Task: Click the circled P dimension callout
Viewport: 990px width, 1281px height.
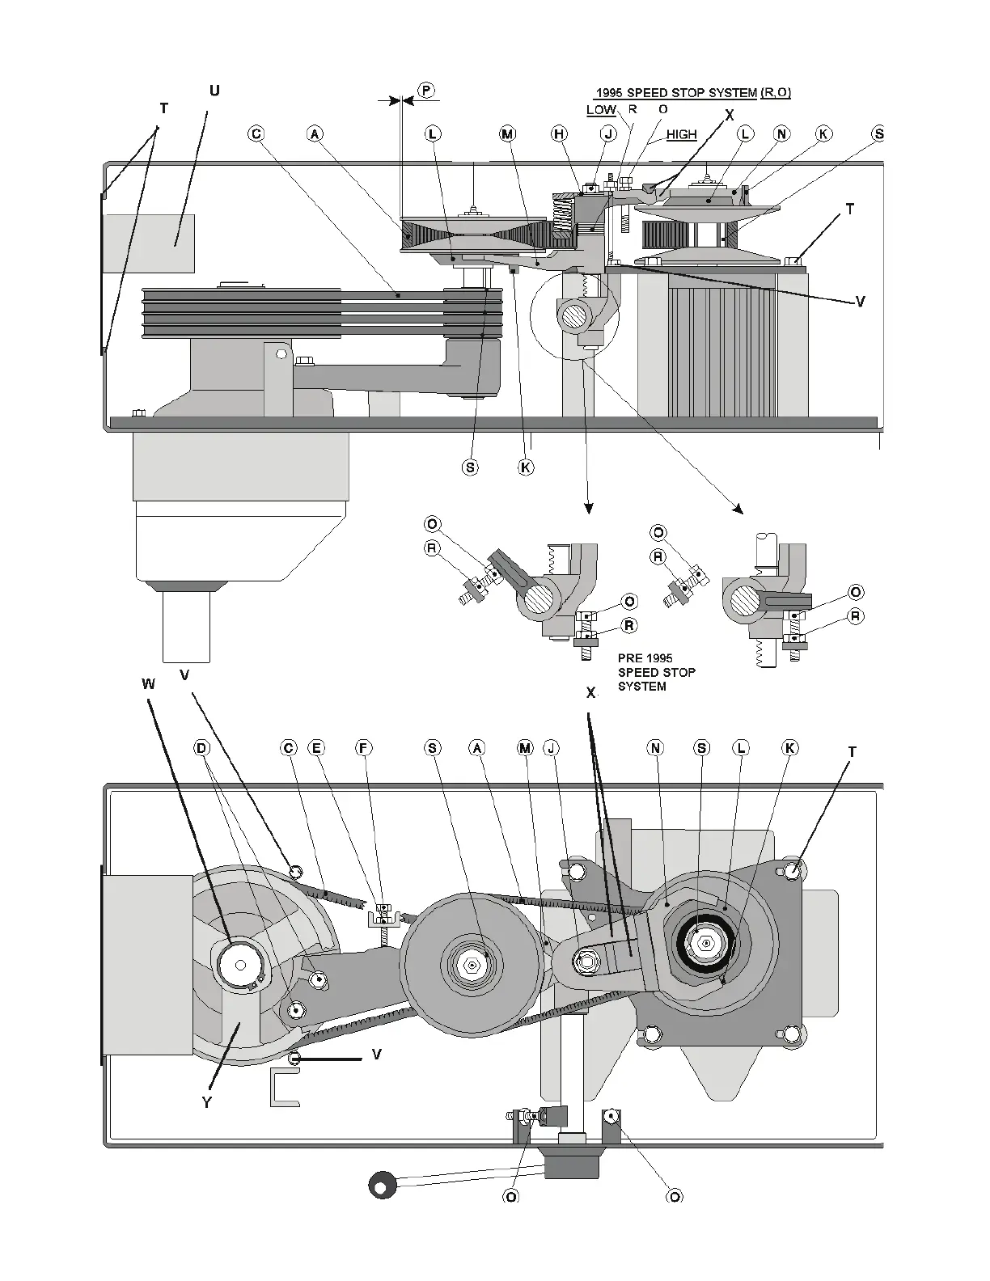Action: coord(426,89)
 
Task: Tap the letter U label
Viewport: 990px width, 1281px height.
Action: coord(214,91)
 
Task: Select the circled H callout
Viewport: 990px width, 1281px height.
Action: coord(560,134)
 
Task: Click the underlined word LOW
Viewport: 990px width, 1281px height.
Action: coord(601,110)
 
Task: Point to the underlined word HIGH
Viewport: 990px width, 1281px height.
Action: coord(681,135)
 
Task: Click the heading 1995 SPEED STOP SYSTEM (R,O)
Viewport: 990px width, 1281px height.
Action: coord(693,93)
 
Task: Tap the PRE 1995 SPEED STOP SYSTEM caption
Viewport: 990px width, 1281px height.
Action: coord(656,672)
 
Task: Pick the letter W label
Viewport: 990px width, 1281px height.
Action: coord(148,684)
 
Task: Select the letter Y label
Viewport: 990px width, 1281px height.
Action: coord(206,1102)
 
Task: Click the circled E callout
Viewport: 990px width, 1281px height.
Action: coord(317,748)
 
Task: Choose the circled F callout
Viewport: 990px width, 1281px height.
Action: coord(364,748)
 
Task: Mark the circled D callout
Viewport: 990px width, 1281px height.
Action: coord(202,748)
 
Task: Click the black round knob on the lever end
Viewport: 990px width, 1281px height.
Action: coord(381,1185)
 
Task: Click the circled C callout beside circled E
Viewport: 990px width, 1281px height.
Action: coord(289,748)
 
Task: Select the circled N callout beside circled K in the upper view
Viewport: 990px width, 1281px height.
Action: coord(782,134)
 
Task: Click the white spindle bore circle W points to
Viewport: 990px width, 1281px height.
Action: coord(240,964)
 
